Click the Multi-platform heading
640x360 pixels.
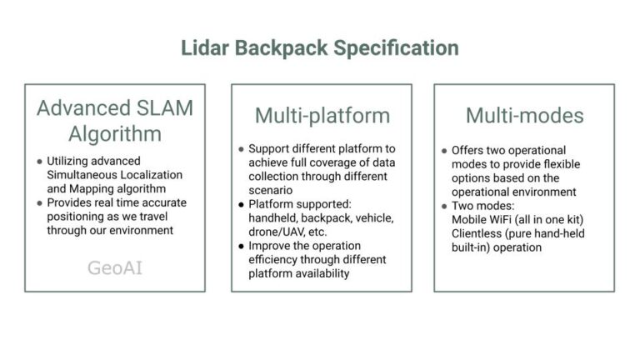[322, 115]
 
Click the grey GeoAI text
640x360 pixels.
[115, 267]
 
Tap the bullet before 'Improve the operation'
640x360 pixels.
[241, 245]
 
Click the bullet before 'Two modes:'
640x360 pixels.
[444, 206]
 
